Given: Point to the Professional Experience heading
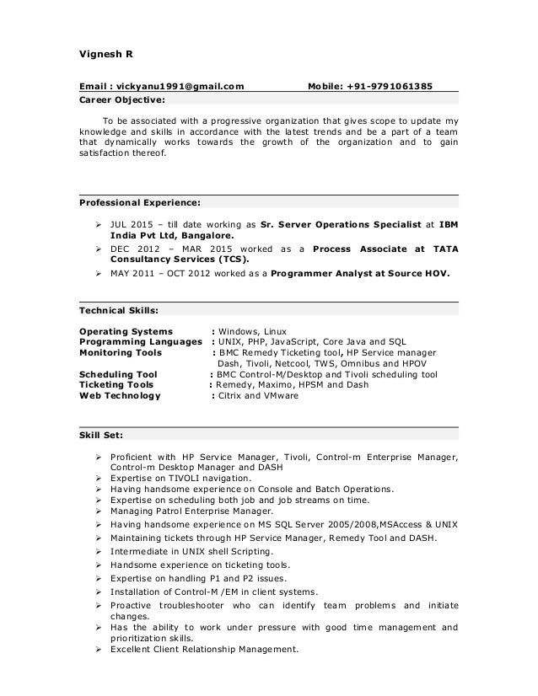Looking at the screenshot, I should [139, 202].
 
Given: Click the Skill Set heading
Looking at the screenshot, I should [101, 436].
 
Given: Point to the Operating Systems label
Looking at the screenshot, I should [126, 331].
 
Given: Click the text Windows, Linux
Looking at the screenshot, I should [253, 331].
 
